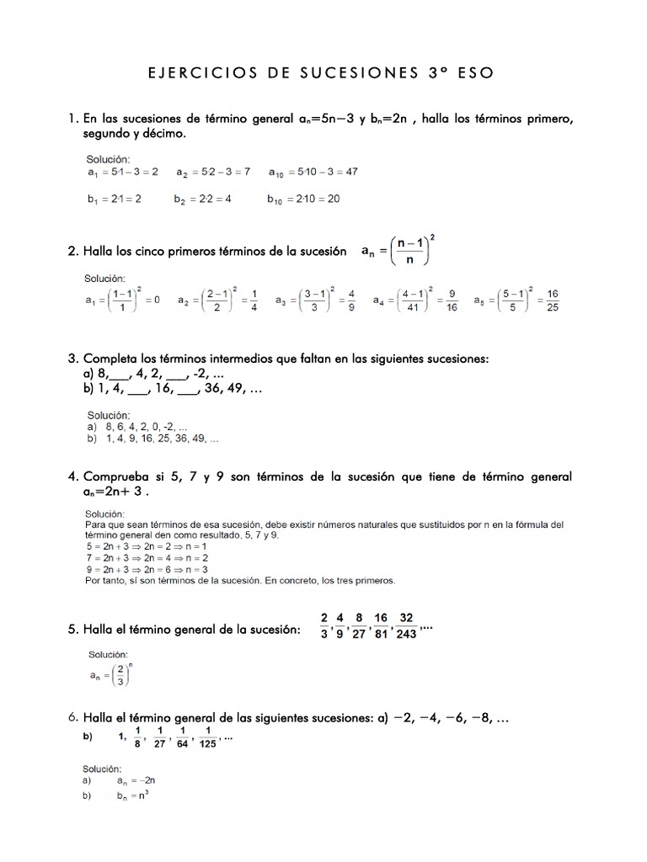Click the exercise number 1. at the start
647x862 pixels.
click(73, 119)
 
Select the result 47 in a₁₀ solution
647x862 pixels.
click(350, 172)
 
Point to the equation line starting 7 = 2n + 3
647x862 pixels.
click(148, 557)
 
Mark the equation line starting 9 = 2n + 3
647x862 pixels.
click(148, 569)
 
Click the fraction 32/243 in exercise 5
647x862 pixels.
click(406, 626)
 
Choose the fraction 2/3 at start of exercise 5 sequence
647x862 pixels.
click(324, 626)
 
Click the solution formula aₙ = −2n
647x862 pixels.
click(137, 781)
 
